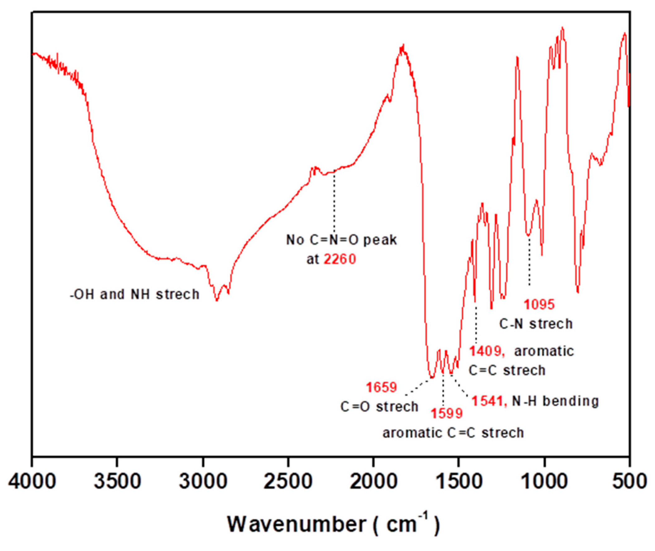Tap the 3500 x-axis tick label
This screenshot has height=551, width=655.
coord(117,481)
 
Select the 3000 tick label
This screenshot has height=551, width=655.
coord(203,481)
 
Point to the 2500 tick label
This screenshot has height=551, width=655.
coord(288,481)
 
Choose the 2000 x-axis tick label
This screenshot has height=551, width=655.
coord(374,481)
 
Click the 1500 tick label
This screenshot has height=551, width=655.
coord(459,481)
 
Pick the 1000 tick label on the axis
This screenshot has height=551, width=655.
coord(545,481)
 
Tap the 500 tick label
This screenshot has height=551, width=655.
coord(630,481)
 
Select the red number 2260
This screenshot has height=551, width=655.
coord(340,259)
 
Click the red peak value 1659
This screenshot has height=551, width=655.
coord(381,388)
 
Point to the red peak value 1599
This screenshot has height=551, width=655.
coord(447,414)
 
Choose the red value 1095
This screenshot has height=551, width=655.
coord(539,304)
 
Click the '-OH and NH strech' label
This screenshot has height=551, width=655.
coord(135,295)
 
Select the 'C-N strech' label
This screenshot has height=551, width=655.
coord(536,324)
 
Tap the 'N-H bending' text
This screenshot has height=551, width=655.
coord(555,401)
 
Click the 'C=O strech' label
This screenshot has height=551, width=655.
coord(379,407)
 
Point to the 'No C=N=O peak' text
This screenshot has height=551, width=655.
coord(342,240)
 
